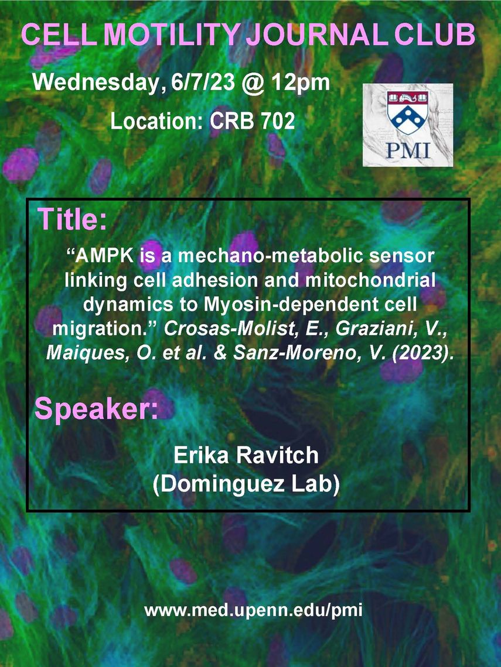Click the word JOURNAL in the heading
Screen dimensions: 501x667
pyautogui.click(x=318, y=35)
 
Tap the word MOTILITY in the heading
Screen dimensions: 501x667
pyautogui.click(x=172, y=35)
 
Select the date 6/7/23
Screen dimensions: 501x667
pyautogui.click(x=203, y=82)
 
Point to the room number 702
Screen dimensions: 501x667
pyautogui.click(x=278, y=121)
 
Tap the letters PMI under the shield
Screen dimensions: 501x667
pyautogui.click(x=408, y=150)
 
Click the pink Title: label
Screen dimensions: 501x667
pyautogui.click(x=72, y=219)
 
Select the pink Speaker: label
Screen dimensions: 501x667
pyautogui.click(x=96, y=409)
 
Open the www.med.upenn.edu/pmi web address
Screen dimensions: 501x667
pyautogui.click(x=254, y=610)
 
